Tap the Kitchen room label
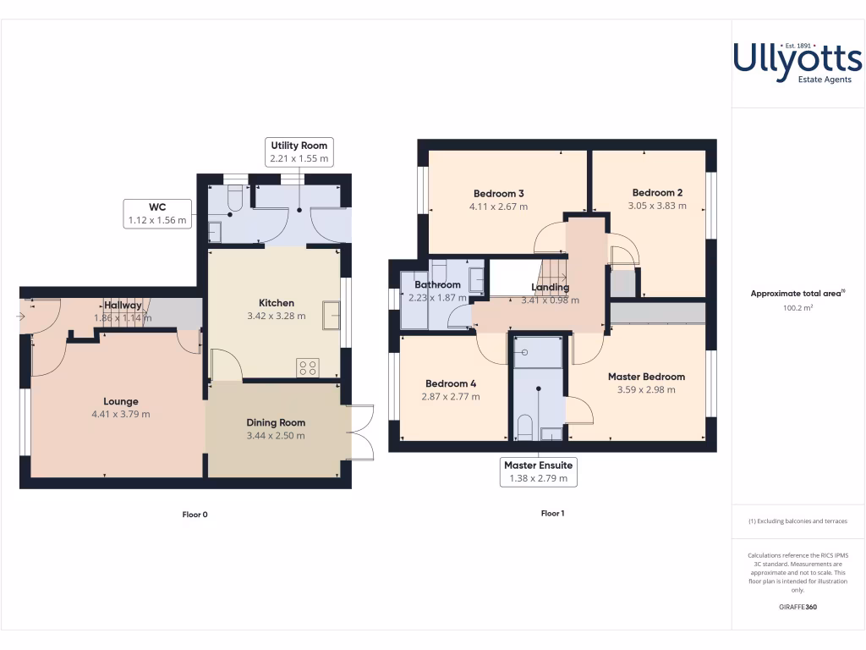click(x=277, y=303)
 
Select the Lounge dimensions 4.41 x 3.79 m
click(x=121, y=415)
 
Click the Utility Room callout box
click(x=299, y=152)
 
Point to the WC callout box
click(x=157, y=213)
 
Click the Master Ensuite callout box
click(x=538, y=471)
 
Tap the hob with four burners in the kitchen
click(x=308, y=367)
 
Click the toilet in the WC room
click(x=234, y=200)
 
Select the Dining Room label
click(x=276, y=422)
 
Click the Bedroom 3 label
click(x=499, y=193)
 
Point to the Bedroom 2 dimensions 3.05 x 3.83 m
click(x=657, y=206)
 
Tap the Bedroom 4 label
click(x=451, y=383)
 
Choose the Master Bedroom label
click(x=646, y=377)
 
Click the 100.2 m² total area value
click(x=797, y=309)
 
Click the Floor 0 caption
click(x=195, y=514)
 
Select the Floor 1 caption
click(x=552, y=513)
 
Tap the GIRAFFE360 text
click(x=797, y=607)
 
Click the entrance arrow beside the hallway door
click(x=19, y=317)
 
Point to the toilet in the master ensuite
click(x=524, y=427)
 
